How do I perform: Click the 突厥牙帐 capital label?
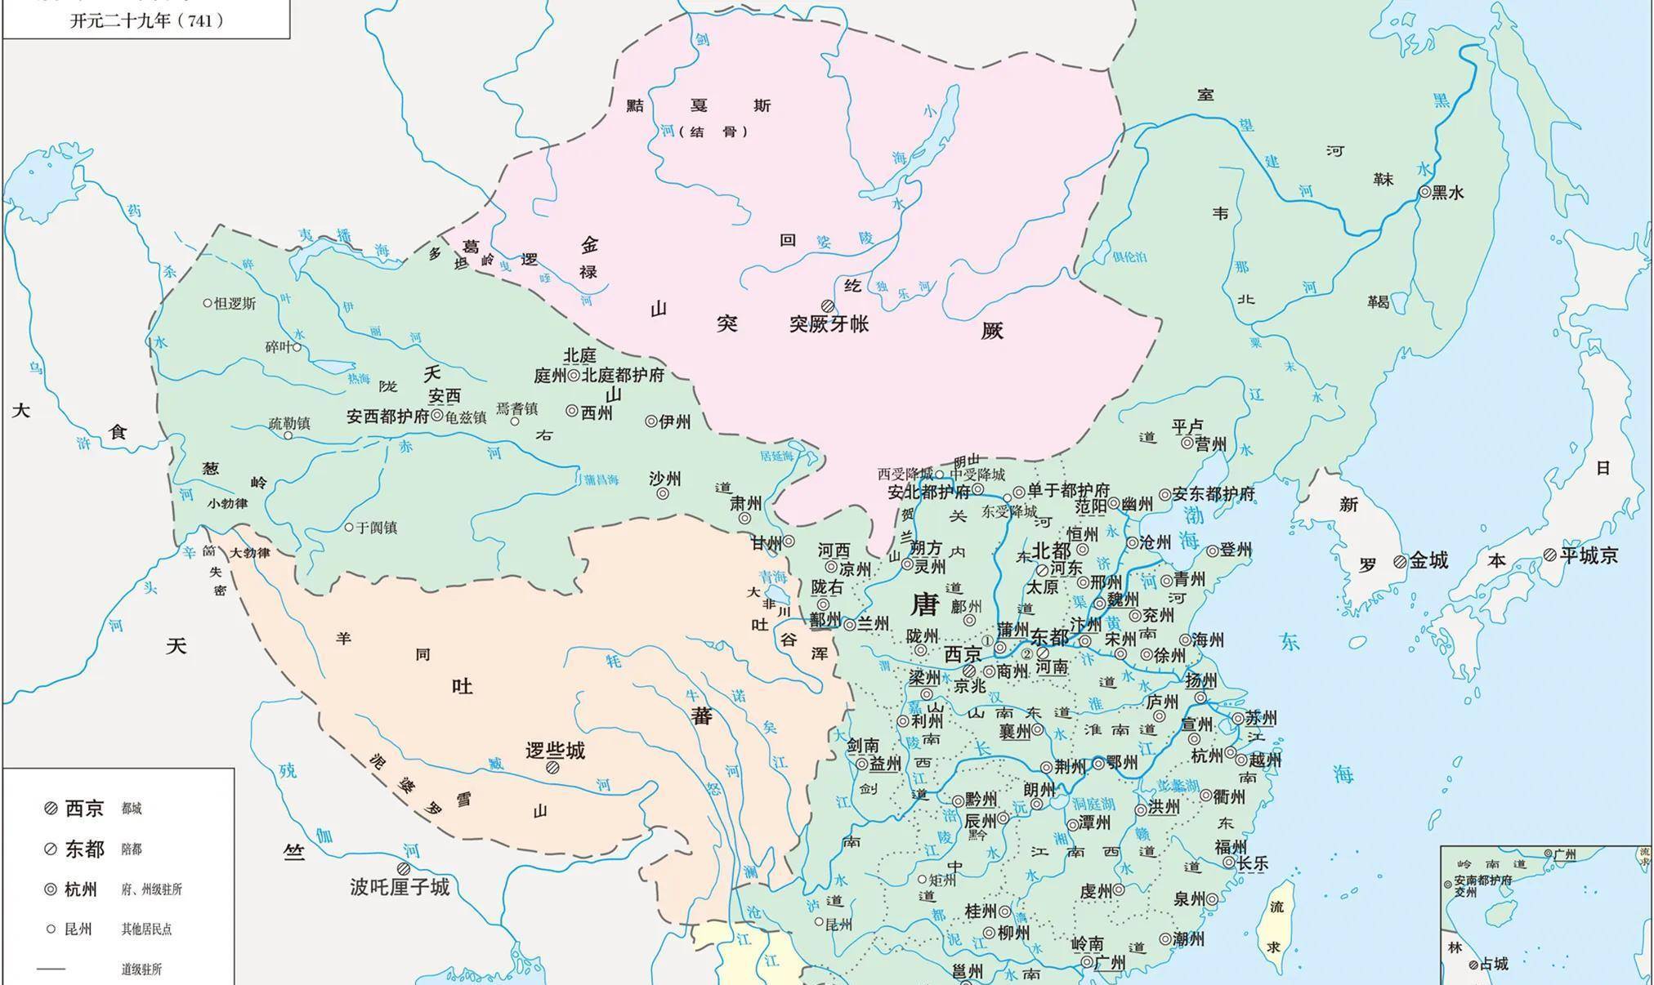829,323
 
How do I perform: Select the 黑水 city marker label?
1447,193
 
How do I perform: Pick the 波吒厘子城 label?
400,886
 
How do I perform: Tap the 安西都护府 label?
387,416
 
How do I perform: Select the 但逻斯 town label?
234,303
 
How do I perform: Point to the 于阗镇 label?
376,528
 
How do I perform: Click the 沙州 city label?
664,479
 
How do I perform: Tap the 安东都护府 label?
1213,494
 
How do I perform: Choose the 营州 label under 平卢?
1210,443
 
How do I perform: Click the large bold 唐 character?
925,604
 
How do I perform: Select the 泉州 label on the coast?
1189,899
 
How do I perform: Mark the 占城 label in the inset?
1493,965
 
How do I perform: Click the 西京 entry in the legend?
84,809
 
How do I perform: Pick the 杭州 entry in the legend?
81,889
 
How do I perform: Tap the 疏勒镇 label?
289,423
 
